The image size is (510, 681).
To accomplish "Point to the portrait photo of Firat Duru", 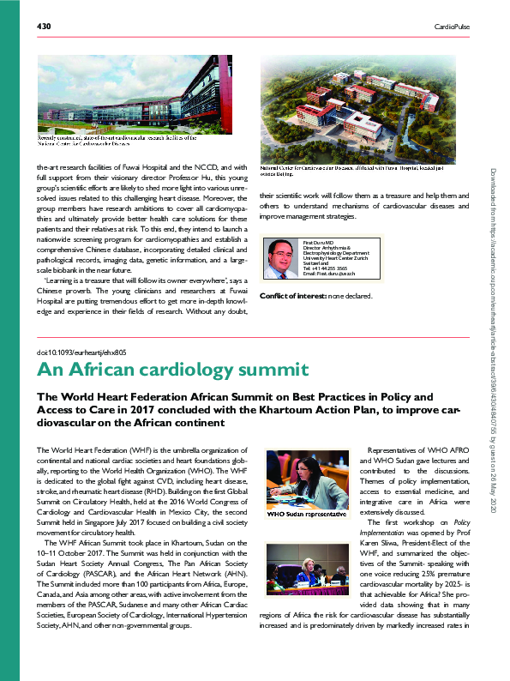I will (x=283, y=258).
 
